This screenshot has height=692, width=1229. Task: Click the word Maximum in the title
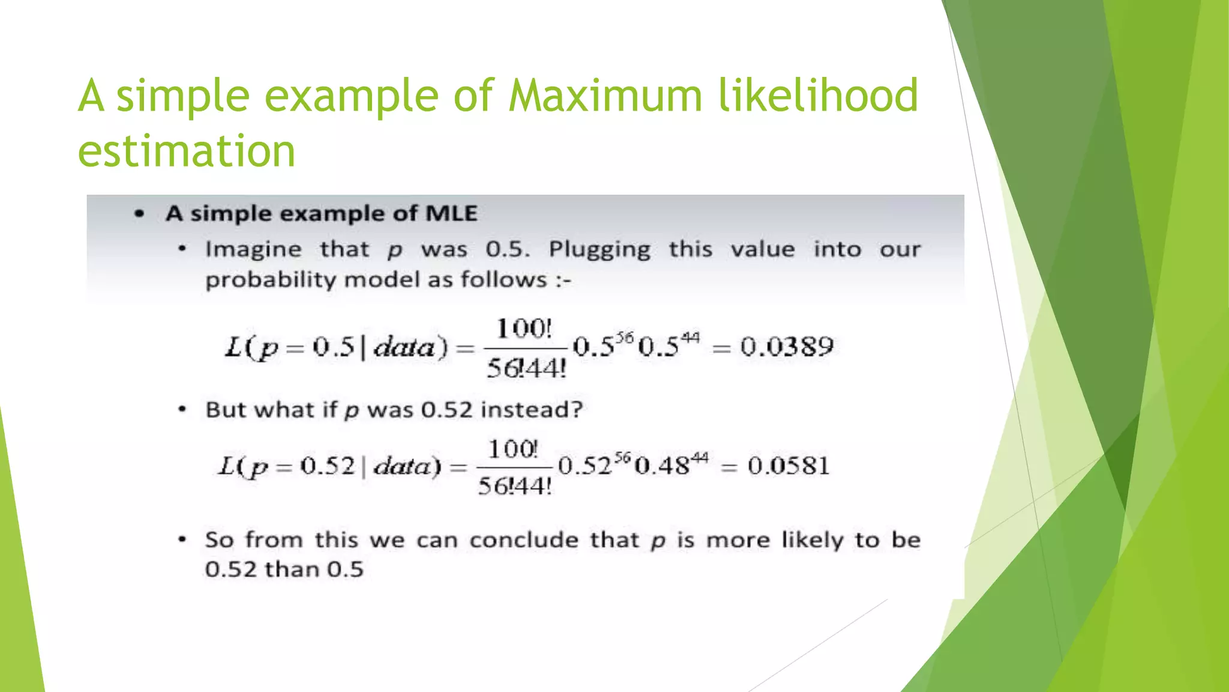click(x=605, y=96)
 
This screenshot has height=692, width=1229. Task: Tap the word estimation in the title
click(x=187, y=151)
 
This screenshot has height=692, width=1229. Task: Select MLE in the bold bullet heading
click(x=451, y=214)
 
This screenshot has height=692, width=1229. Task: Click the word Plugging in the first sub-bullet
click(x=599, y=250)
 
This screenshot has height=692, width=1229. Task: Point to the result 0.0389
click(x=787, y=347)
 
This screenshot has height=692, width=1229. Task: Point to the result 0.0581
click(x=789, y=466)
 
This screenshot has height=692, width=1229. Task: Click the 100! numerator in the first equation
click(x=524, y=329)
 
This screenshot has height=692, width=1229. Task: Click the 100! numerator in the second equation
click(x=513, y=449)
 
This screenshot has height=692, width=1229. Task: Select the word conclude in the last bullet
click(x=524, y=540)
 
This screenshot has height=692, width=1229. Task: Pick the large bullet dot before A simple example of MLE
click(x=140, y=214)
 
